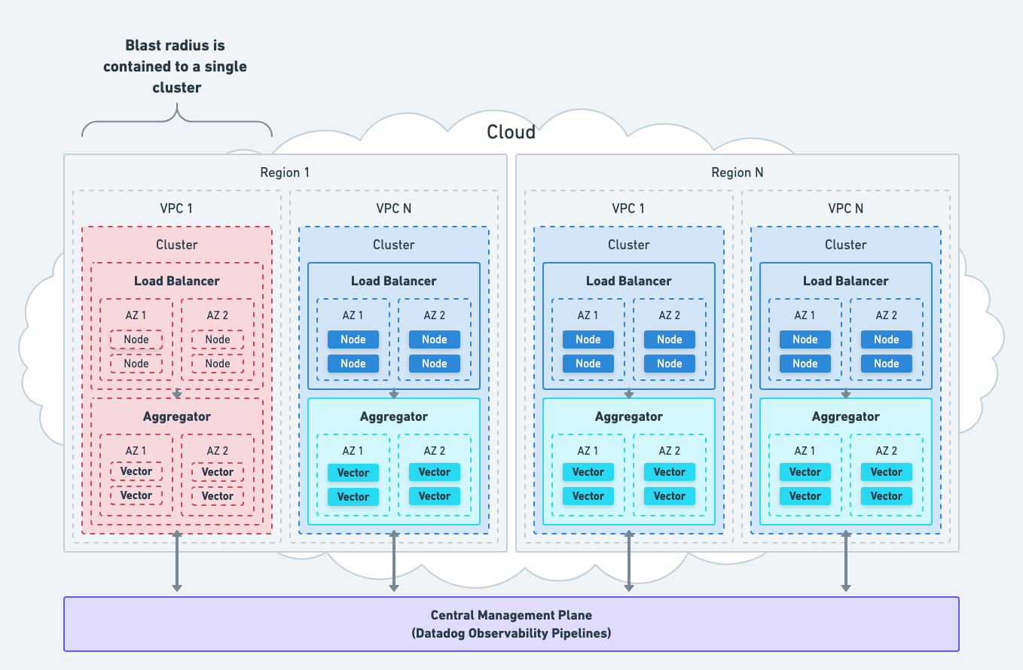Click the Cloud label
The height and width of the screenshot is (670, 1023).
[511, 132]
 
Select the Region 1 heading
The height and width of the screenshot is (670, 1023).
[285, 172]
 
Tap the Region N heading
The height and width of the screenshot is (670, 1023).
[737, 172]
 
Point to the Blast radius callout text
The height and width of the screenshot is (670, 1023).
[176, 67]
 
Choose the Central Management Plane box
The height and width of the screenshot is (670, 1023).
[511, 624]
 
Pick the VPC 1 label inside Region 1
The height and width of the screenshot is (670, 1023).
[177, 209]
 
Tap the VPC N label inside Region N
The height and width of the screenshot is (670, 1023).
[845, 209]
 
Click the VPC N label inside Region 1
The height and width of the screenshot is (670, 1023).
[393, 209]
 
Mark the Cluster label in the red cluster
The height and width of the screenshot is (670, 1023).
[177, 245]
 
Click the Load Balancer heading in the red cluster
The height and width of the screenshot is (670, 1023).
[177, 281]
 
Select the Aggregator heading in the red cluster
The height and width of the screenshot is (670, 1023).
[177, 416]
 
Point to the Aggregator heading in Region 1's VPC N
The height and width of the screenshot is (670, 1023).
[393, 416]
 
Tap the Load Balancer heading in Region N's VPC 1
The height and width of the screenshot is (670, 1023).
[628, 281]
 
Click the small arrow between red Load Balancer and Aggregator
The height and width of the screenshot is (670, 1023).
[177, 393]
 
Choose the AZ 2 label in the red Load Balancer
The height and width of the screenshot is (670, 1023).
[218, 315]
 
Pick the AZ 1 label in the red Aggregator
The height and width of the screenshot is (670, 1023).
[136, 451]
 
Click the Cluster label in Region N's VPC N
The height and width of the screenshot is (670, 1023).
[845, 245]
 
